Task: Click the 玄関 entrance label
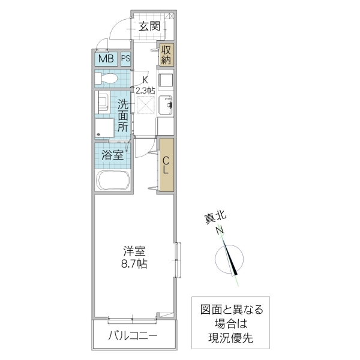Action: pos(149,26)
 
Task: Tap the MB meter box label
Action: pos(106,59)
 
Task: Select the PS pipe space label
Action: pos(126,59)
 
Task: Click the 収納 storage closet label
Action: pos(166,55)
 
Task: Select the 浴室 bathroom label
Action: pos(113,154)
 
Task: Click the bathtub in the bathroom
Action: pos(112,179)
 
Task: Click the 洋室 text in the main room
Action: pos(135,250)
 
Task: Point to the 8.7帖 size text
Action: pos(135,263)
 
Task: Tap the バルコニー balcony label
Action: pos(133,335)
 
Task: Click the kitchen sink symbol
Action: pos(166,106)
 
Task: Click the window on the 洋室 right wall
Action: pos(178,260)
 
